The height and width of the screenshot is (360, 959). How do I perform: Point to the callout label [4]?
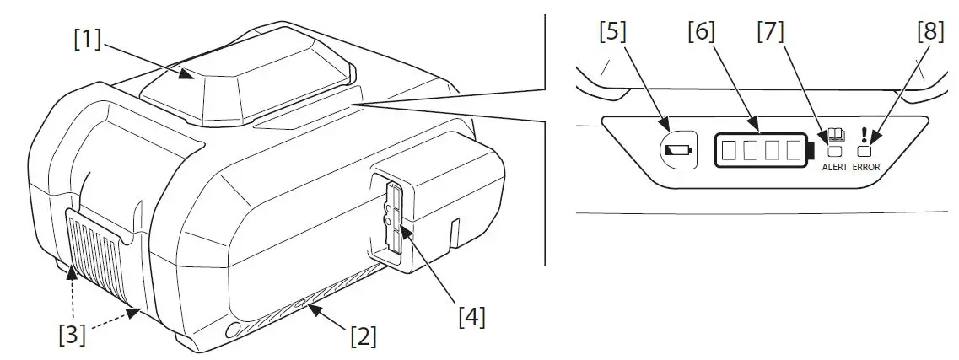[x=471, y=317]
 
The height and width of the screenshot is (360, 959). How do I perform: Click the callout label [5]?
[x=613, y=32]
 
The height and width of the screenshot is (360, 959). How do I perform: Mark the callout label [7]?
[x=770, y=32]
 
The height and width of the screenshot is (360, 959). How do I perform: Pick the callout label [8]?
[x=931, y=32]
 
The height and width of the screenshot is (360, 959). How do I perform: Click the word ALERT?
[x=835, y=168]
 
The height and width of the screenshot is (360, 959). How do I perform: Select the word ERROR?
[x=865, y=168]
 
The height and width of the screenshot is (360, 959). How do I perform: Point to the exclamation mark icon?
[x=864, y=135]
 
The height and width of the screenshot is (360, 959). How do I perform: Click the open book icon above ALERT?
[x=836, y=135]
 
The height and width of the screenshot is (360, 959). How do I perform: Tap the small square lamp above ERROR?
[x=864, y=152]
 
